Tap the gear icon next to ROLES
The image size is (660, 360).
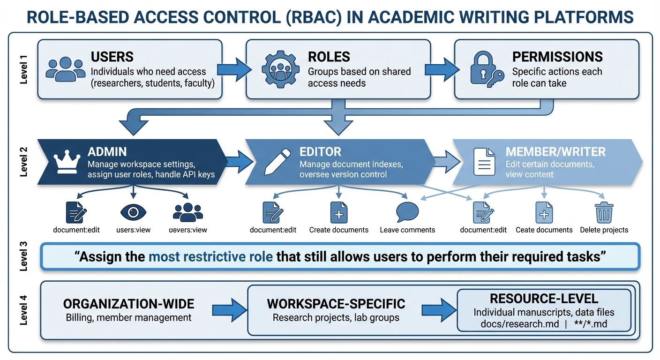tap(280, 69)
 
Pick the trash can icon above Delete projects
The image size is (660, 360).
tap(604, 212)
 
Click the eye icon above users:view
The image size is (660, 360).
tap(133, 212)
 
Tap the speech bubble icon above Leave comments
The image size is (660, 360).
tap(407, 212)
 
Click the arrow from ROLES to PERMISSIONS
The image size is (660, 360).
tap(442, 69)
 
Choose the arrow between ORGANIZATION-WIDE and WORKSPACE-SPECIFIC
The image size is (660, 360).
tap(226, 310)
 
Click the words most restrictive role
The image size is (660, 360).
tap(210, 257)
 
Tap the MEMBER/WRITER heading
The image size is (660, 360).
tap(555, 152)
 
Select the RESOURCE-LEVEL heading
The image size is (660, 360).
tap(544, 299)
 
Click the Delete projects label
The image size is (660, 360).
tap(604, 230)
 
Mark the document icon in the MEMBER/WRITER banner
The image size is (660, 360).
tap(483, 162)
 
